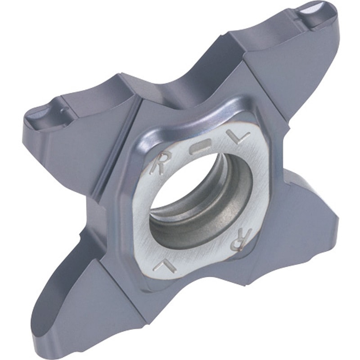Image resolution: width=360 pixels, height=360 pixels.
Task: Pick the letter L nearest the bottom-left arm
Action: (x=161, y=266)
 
